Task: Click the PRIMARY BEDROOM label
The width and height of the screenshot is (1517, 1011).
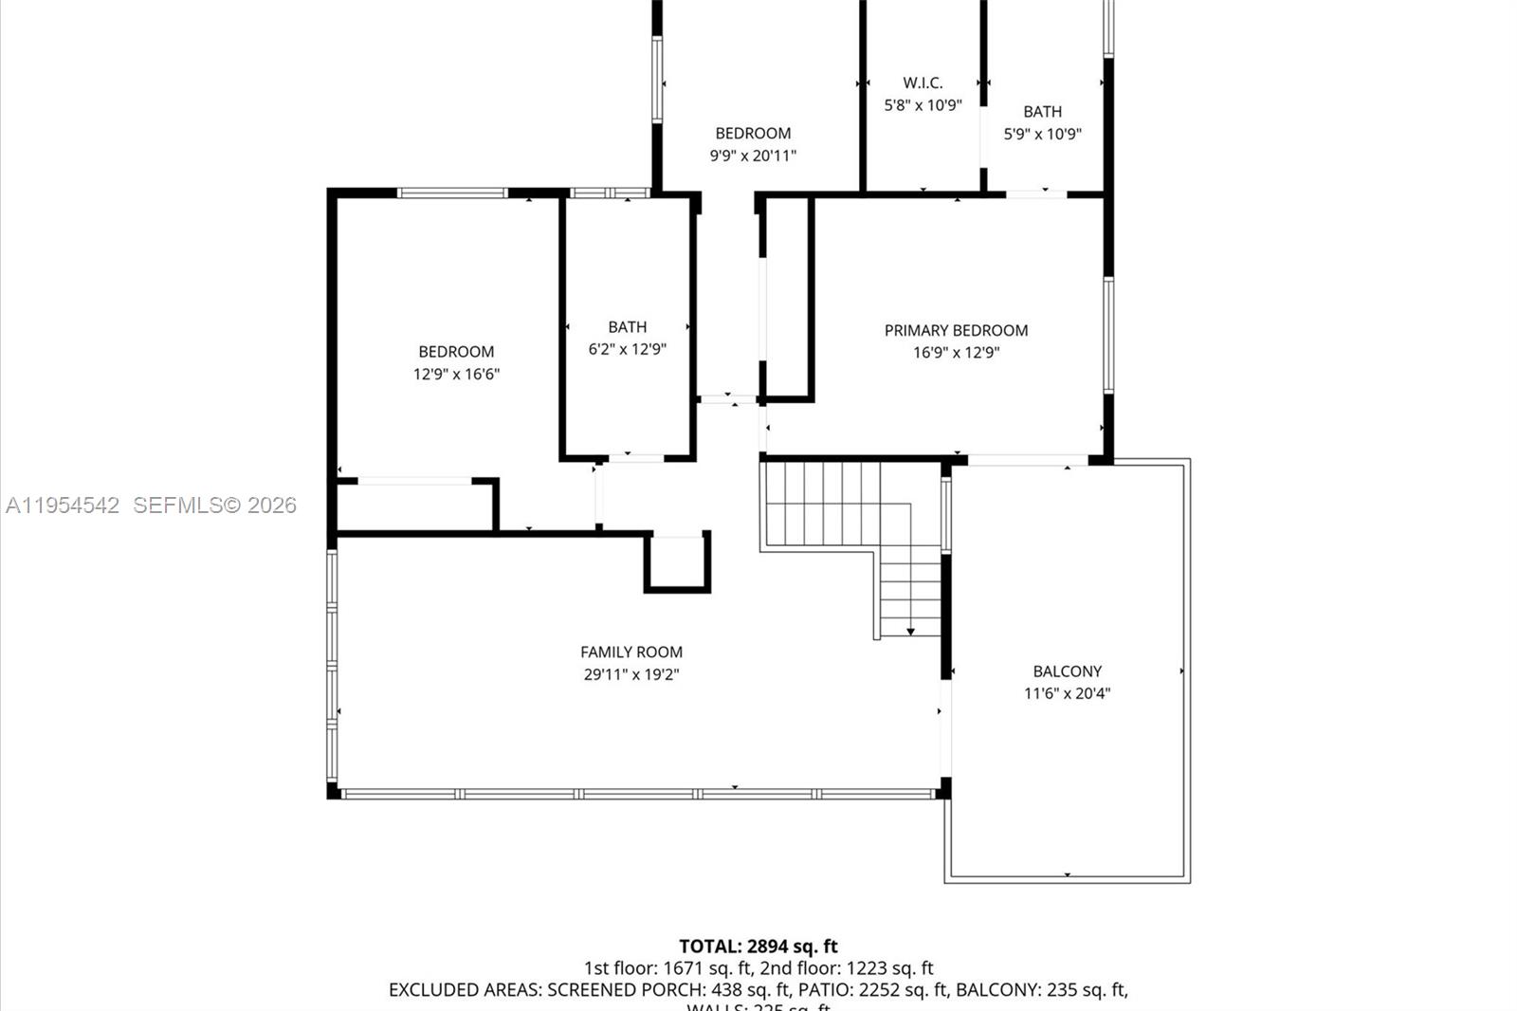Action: (x=956, y=330)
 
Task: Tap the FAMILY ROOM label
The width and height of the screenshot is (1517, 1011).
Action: (x=631, y=652)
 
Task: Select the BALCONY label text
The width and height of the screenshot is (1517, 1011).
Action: (x=1067, y=671)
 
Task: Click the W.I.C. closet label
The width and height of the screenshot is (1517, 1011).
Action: (x=923, y=83)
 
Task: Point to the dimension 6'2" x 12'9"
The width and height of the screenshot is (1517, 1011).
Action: (x=627, y=349)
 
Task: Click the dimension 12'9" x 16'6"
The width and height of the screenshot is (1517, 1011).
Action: (x=456, y=374)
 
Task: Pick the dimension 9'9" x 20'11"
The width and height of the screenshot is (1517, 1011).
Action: (x=753, y=156)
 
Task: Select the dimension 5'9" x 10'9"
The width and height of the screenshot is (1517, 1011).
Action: (x=1042, y=134)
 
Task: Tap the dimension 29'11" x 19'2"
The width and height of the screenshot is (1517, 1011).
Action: (x=631, y=674)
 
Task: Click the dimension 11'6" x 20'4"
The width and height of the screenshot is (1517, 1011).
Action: (x=1067, y=693)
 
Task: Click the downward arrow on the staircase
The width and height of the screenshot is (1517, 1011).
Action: (x=910, y=631)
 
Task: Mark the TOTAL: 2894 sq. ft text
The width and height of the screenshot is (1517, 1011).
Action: (x=758, y=946)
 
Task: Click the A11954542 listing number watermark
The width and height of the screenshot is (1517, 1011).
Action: (x=63, y=505)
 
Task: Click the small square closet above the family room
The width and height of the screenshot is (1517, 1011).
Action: (x=678, y=563)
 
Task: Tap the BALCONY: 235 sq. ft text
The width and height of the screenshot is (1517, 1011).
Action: (x=1040, y=990)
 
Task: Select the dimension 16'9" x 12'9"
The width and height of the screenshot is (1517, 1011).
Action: (x=956, y=352)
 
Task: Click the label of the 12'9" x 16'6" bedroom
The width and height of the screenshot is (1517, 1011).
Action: (x=456, y=351)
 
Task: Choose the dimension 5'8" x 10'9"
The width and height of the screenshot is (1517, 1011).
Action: (x=923, y=105)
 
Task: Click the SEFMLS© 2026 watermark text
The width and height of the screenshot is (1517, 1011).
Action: (x=214, y=505)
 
